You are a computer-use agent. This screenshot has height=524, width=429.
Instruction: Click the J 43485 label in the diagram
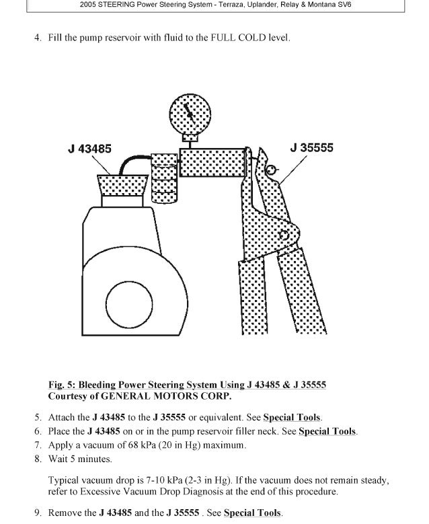(89, 149)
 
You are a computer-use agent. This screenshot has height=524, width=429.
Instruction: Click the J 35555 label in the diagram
(311, 147)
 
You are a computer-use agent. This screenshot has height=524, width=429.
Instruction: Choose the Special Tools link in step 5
(292, 418)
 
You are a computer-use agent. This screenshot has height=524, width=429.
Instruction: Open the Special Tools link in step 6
(327, 431)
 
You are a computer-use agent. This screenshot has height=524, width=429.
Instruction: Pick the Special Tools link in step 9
(253, 513)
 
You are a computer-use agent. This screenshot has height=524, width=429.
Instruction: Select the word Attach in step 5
(63, 418)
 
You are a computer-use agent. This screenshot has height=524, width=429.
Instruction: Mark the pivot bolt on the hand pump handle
(284, 235)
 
